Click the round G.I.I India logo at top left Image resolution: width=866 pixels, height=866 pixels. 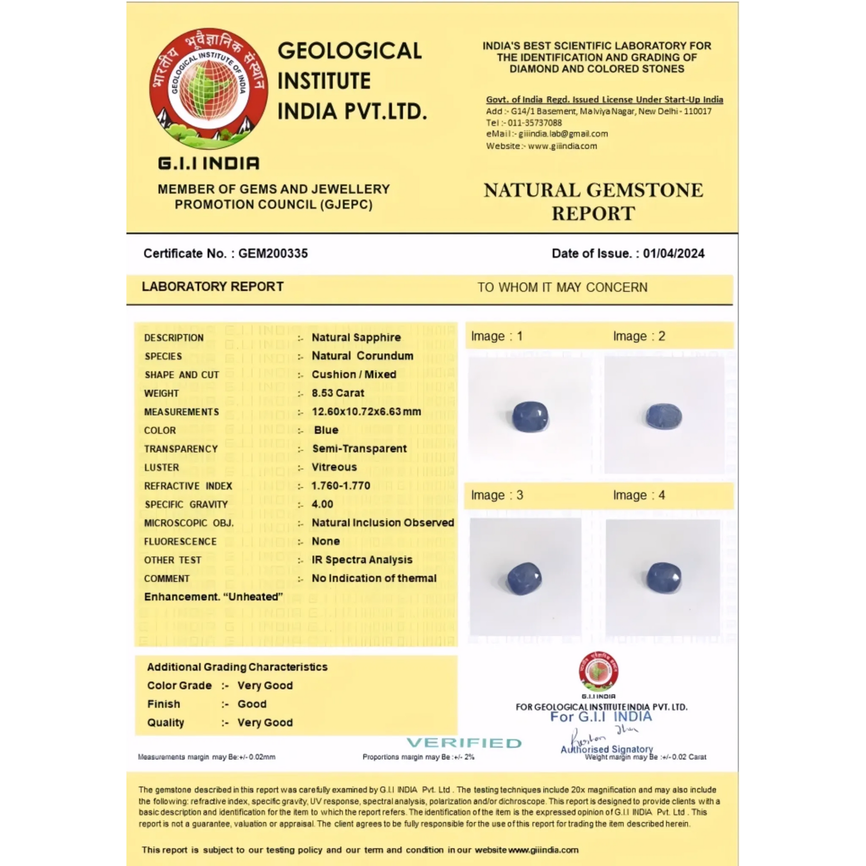pos(208,89)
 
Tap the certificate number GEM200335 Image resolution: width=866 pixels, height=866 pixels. pos(273,253)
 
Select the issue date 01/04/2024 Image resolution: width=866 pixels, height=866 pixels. pos(673,253)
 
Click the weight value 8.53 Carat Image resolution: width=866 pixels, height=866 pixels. pos(338,393)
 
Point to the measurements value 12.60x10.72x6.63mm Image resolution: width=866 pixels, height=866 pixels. pos(366,411)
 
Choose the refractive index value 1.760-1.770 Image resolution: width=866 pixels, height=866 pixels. pos(341,486)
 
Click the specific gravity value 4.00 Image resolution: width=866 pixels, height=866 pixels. pos(322,504)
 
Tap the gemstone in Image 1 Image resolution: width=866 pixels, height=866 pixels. pos(530,416)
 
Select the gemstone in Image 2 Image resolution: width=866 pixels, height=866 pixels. pos(663,416)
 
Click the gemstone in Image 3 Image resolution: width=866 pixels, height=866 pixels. pos(524,577)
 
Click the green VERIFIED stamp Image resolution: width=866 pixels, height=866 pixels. pos(464,743)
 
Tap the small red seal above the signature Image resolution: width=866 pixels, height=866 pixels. pos(599,672)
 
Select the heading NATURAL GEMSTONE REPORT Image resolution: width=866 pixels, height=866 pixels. pos(593,202)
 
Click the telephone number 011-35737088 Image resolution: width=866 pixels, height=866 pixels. pos(534,123)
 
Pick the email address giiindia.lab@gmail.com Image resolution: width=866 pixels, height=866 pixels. pos(563,134)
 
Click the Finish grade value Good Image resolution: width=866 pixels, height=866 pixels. pos(252,704)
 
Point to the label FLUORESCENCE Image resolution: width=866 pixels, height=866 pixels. pos(180,542)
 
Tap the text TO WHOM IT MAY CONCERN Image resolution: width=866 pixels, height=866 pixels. pos(562,287)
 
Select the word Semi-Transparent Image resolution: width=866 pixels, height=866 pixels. pos(359,449)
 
